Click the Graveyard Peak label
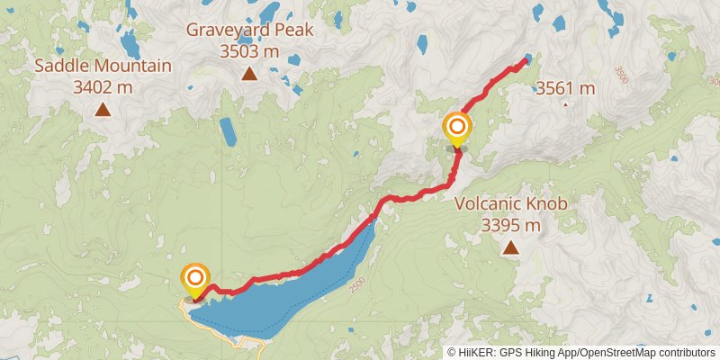[250, 30]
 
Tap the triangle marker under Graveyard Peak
[250, 74]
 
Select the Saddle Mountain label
[103, 66]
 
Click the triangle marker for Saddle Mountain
[103, 110]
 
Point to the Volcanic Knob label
[510, 204]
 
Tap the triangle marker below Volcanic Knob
[510, 247]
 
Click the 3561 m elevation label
[565, 88]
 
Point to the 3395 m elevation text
[510, 225]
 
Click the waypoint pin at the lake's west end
[194, 280]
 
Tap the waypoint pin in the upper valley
[457, 129]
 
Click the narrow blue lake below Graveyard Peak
[228, 131]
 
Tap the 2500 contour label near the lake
[358, 283]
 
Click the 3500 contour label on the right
[620, 75]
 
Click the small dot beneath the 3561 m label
[565, 104]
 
